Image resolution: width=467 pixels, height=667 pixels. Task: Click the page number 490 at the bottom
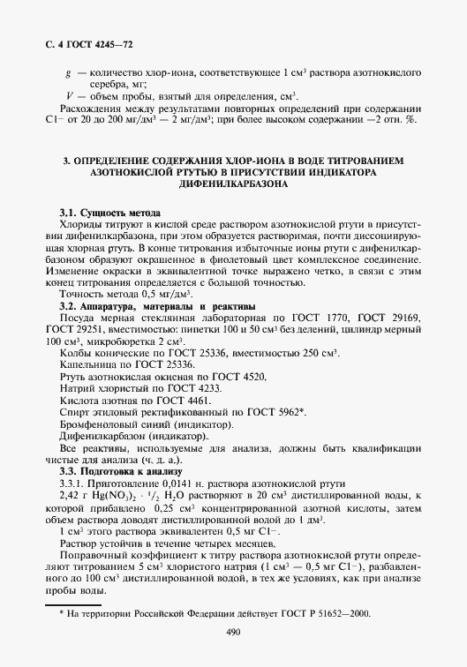233,632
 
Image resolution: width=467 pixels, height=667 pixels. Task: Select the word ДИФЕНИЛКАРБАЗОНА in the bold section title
233,186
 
